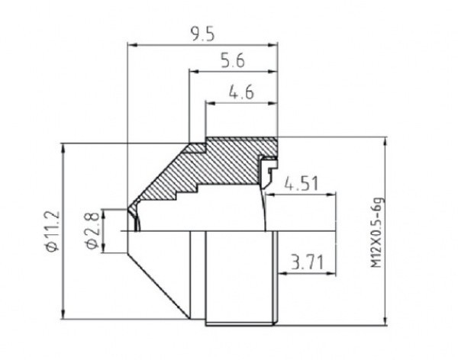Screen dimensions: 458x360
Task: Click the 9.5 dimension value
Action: [x=203, y=34]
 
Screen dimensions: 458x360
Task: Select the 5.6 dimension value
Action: [x=233, y=61]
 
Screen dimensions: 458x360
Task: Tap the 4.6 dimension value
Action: [x=241, y=93]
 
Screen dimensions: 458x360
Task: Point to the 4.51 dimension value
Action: [x=302, y=184]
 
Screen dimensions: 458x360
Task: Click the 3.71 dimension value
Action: [x=308, y=262]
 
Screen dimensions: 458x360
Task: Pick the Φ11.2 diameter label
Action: [x=53, y=230]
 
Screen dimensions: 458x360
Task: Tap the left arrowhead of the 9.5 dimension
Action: [x=132, y=45]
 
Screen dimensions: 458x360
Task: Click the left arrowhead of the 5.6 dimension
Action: [x=194, y=71]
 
